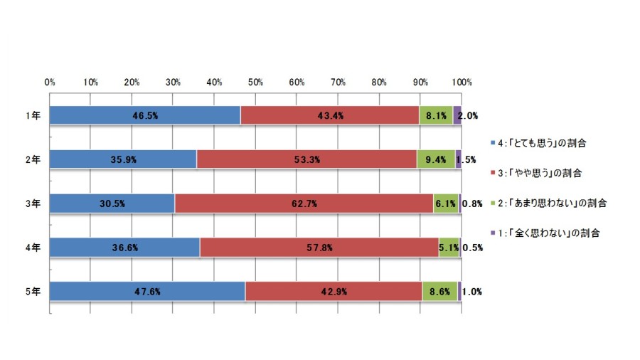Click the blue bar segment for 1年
coord(145,115)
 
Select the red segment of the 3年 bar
coord(304,203)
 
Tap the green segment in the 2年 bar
coord(436,159)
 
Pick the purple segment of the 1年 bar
coord(457,115)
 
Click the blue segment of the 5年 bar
coord(147,292)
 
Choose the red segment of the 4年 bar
coord(319,248)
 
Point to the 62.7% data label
coord(304,203)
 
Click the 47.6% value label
coord(147,292)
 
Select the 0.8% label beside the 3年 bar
coord(472,203)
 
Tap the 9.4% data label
coord(436,159)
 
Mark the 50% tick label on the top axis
coord(255,83)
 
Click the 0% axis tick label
coord(50,83)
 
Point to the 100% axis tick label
coord(462,83)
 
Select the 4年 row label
coord(33,248)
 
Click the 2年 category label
coord(33,159)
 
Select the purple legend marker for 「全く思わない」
coord(493,233)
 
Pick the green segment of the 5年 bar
coord(439,292)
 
